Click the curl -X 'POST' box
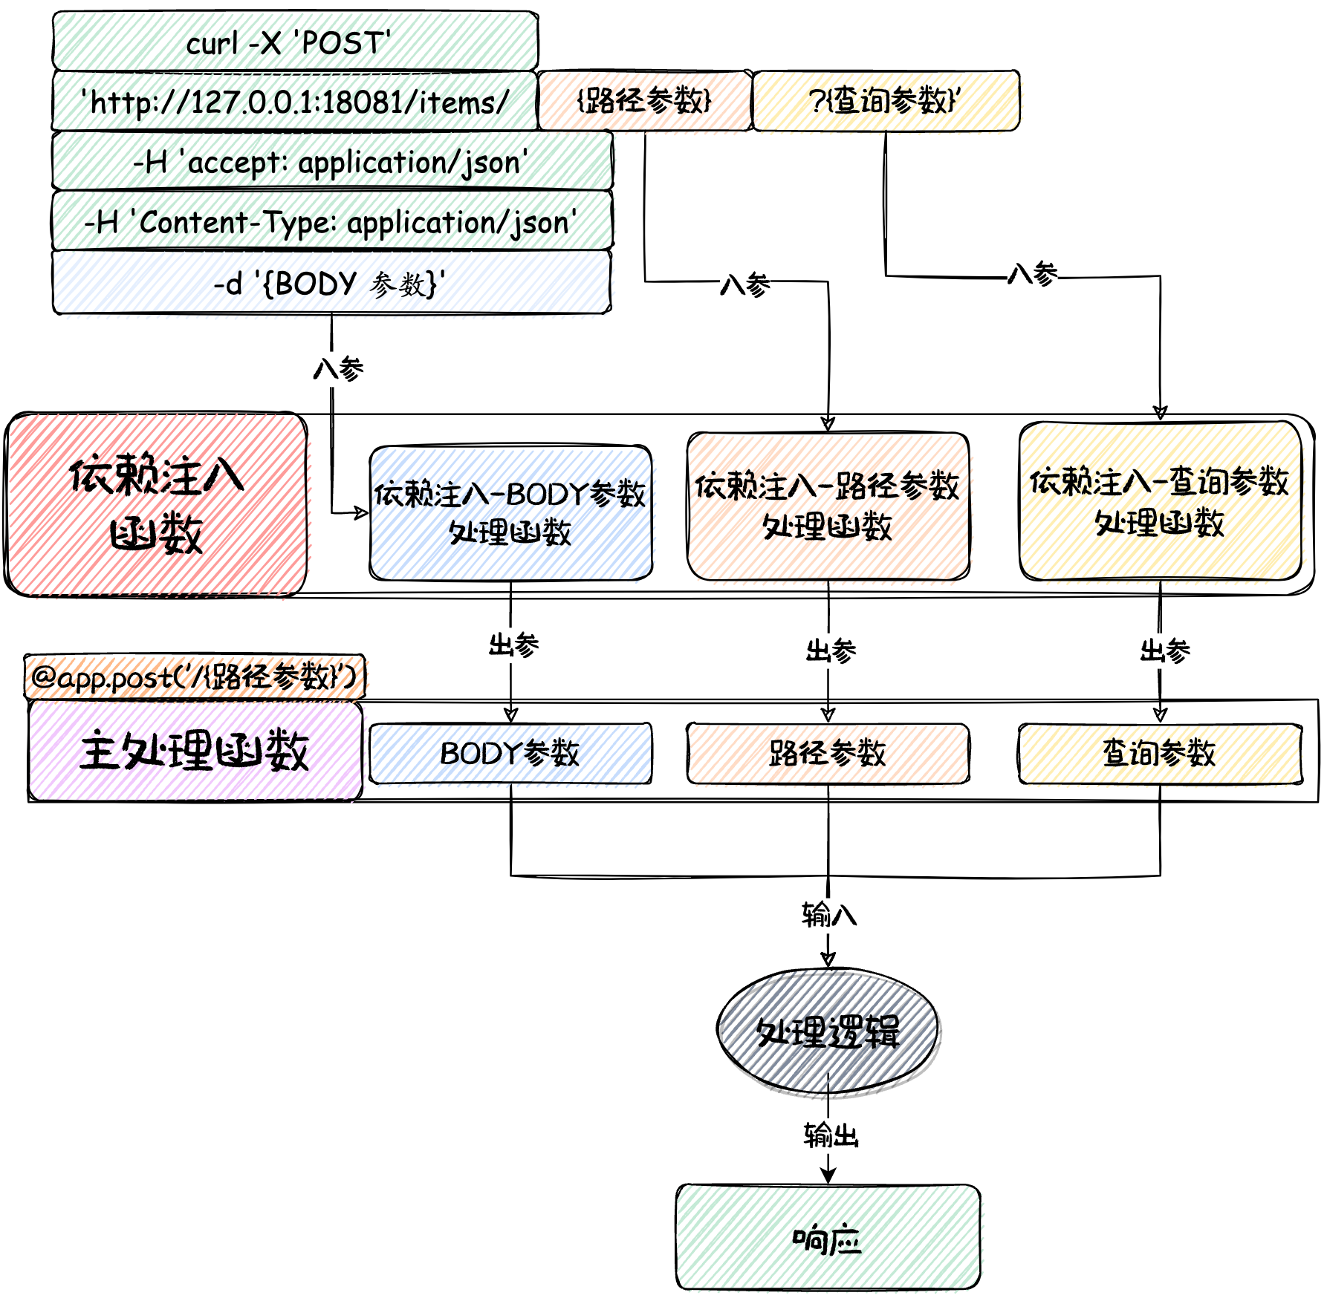pyautogui.click(x=295, y=42)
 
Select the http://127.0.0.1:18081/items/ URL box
pyautogui.click(x=295, y=101)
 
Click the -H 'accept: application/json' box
pyautogui.click(x=332, y=161)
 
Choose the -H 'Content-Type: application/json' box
pyautogui.click(x=332, y=221)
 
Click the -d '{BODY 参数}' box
pyautogui.click(x=332, y=283)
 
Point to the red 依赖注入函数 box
pyautogui.click(x=156, y=504)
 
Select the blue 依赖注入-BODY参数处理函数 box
pyautogui.click(x=510, y=512)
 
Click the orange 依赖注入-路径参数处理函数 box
pyautogui.click(x=828, y=506)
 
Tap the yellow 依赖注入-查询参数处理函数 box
pyautogui.click(x=1160, y=501)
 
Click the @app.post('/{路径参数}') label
pyautogui.click(x=195, y=676)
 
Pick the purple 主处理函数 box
pyautogui.click(x=195, y=751)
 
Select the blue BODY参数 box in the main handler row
pyautogui.click(x=510, y=753)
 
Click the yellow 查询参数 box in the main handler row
pyautogui.click(x=1160, y=753)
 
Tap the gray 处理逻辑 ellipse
pyautogui.click(x=828, y=1031)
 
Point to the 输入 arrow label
pyautogui.click(x=829, y=914)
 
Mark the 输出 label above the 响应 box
pyautogui.click(x=831, y=1135)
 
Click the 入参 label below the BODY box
pyautogui.click(x=338, y=368)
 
